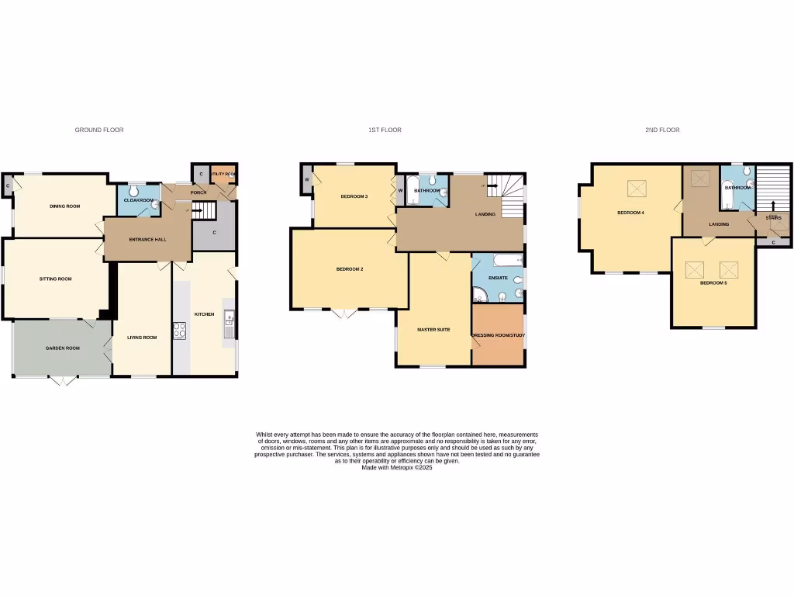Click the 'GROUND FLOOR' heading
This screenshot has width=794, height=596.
click(x=98, y=130)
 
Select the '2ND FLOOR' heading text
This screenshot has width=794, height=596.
click(x=662, y=130)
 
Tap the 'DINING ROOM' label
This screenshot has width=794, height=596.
click(x=65, y=206)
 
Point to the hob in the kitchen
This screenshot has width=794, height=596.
click(x=180, y=331)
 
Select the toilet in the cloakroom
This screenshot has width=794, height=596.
click(x=134, y=191)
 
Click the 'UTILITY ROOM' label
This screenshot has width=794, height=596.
click(x=222, y=174)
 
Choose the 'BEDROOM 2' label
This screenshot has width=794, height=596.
click(x=349, y=269)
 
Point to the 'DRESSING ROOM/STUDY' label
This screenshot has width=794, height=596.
click(x=498, y=335)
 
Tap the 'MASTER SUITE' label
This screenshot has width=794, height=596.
click(x=433, y=330)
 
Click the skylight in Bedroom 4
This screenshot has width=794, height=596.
click(x=637, y=189)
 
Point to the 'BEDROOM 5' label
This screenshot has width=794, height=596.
click(x=713, y=283)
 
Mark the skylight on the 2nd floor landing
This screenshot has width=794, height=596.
click(x=701, y=179)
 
